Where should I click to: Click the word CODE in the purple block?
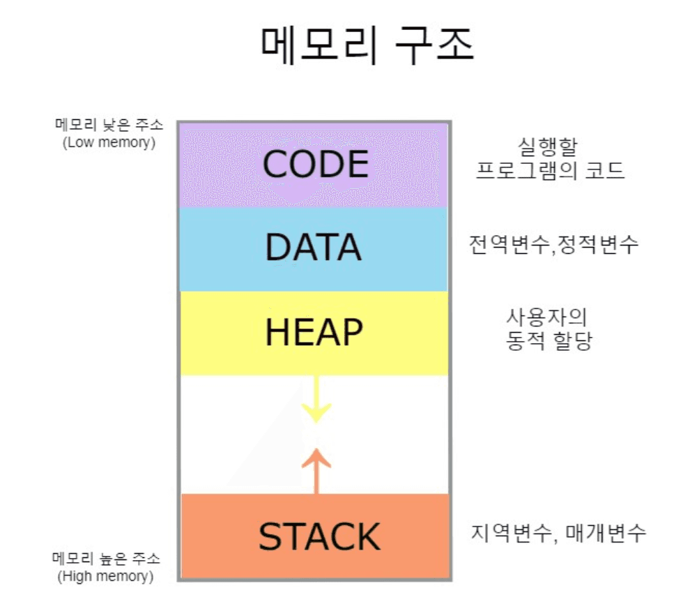pos(315,165)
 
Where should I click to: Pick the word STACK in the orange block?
pos(319,537)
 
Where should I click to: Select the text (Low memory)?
pos(109,142)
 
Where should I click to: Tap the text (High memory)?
pos(106,576)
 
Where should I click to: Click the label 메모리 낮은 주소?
pos(109,126)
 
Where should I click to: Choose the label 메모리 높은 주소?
pos(106,559)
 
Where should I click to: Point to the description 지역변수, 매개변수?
pos(558,534)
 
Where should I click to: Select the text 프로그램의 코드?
pos(550,170)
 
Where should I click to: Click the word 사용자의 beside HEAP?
pos(547,318)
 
